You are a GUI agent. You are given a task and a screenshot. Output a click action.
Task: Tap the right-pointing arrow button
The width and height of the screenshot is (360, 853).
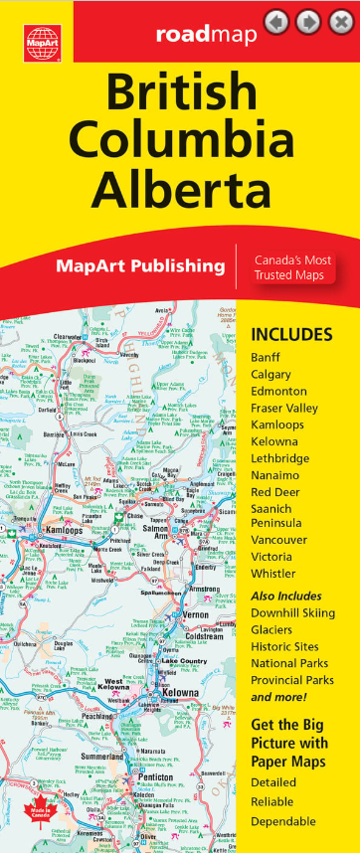point(308,22)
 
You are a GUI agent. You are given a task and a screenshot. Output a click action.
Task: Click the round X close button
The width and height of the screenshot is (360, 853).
point(340,22)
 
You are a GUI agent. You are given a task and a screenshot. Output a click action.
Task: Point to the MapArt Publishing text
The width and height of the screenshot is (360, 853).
point(140,265)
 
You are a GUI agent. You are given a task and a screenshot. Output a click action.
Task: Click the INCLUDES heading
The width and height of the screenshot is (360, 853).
point(291,334)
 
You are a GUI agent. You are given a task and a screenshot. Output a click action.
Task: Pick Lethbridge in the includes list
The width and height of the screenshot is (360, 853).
point(280,458)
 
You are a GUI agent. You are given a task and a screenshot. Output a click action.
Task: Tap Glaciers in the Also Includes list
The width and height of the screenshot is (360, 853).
point(271,630)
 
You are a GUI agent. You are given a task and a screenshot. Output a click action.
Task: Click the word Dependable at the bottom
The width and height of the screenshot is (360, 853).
point(283,821)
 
